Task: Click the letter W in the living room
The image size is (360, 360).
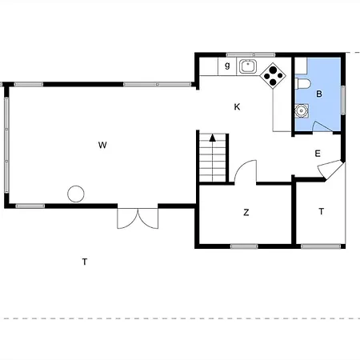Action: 102,146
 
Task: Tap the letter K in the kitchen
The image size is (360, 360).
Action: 237,107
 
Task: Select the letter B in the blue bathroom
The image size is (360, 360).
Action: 319,94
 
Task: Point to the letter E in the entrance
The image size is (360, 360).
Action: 318,154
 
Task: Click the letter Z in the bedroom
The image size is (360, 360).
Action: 246,213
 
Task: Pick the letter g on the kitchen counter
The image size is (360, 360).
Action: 227,66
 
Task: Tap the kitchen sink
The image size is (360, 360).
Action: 248,66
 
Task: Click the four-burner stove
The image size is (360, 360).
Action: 273,75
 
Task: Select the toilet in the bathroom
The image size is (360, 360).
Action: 302,84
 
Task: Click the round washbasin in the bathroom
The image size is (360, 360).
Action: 302,110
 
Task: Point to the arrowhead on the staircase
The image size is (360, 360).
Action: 213,138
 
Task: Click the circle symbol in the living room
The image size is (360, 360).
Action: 76,194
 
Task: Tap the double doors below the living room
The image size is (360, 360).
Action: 138,218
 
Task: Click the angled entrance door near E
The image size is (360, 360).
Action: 330,170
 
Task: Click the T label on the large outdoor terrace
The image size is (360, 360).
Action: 85,262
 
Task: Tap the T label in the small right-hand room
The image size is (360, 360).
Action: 322,211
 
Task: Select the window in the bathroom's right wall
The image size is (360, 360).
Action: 343,100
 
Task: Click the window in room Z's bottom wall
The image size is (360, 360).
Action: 244,246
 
